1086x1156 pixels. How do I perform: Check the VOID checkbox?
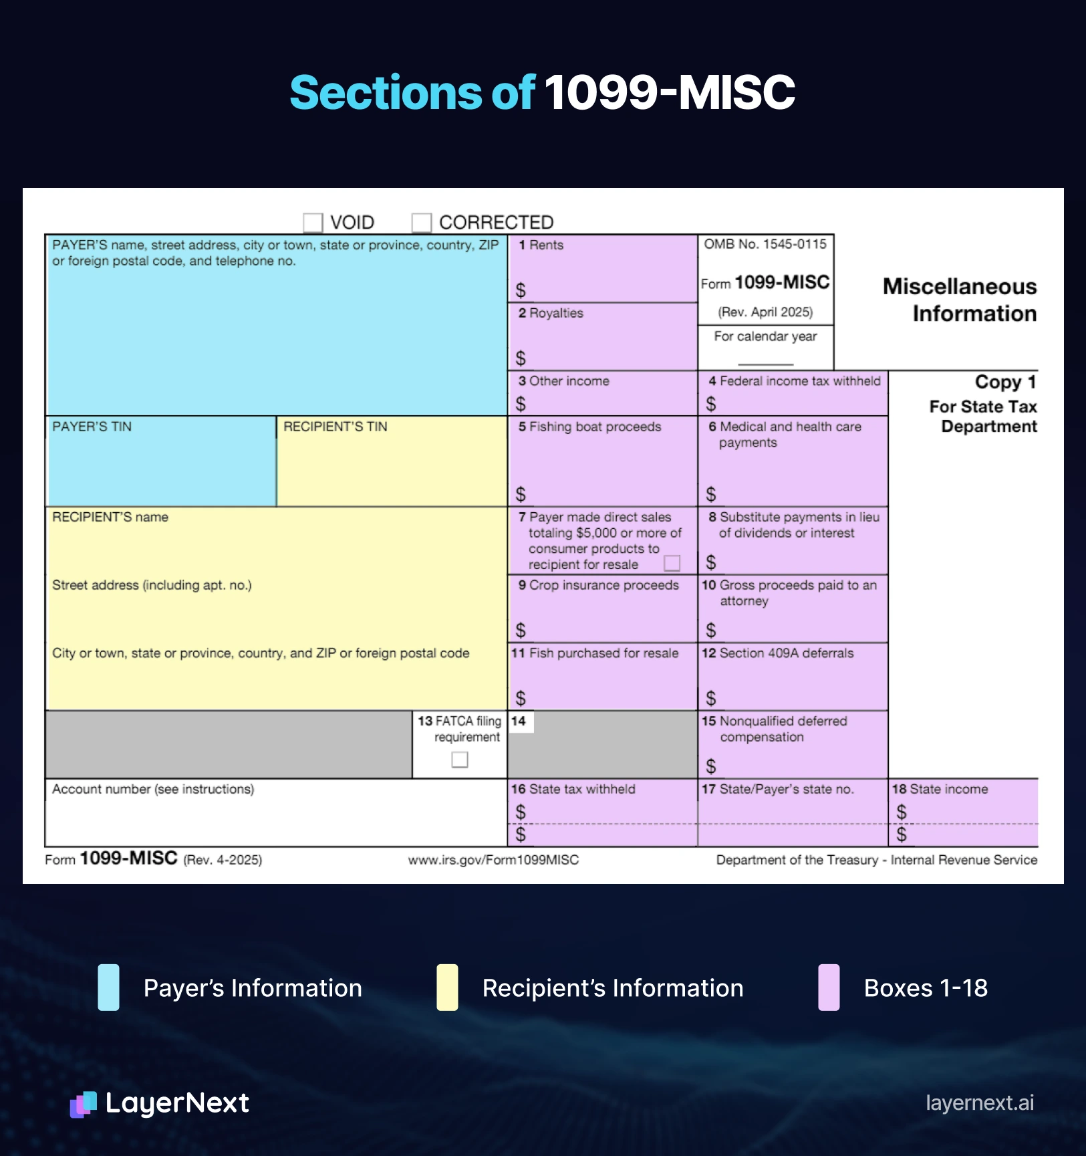click(x=313, y=222)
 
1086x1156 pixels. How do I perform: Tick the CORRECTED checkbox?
click(x=421, y=222)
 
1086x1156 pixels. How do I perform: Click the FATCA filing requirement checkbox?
click(x=460, y=760)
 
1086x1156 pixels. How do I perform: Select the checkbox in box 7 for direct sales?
click(x=672, y=563)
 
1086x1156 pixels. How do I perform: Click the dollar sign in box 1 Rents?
click(x=521, y=290)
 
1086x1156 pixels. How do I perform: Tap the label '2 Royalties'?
click(x=551, y=313)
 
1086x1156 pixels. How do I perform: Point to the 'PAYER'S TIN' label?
click(x=92, y=427)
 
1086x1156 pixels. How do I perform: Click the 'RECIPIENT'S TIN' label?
click(x=335, y=427)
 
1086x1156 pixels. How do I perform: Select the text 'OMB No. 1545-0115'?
click(x=765, y=244)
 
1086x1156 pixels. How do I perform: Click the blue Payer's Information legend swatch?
click(x=108, y=988)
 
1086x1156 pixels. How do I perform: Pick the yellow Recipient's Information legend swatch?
click(x=447, y=988)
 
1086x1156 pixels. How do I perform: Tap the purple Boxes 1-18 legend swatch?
click(x=829, y=988)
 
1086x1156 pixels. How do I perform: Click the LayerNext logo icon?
click(x=84, y=1104)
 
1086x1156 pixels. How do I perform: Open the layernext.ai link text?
click(x=980, y=1103)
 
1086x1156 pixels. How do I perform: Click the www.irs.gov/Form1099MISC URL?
click(x=493, y=860)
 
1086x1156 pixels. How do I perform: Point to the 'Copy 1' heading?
click(x=1005, y=382)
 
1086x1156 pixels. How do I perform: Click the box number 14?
click(x=519, y=721)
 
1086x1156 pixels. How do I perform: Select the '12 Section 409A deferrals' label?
click(x=778, y=653)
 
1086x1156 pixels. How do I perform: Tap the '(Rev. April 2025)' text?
click(x=765, y=312)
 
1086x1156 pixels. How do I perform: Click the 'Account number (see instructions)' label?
click(x=153, y=789)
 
